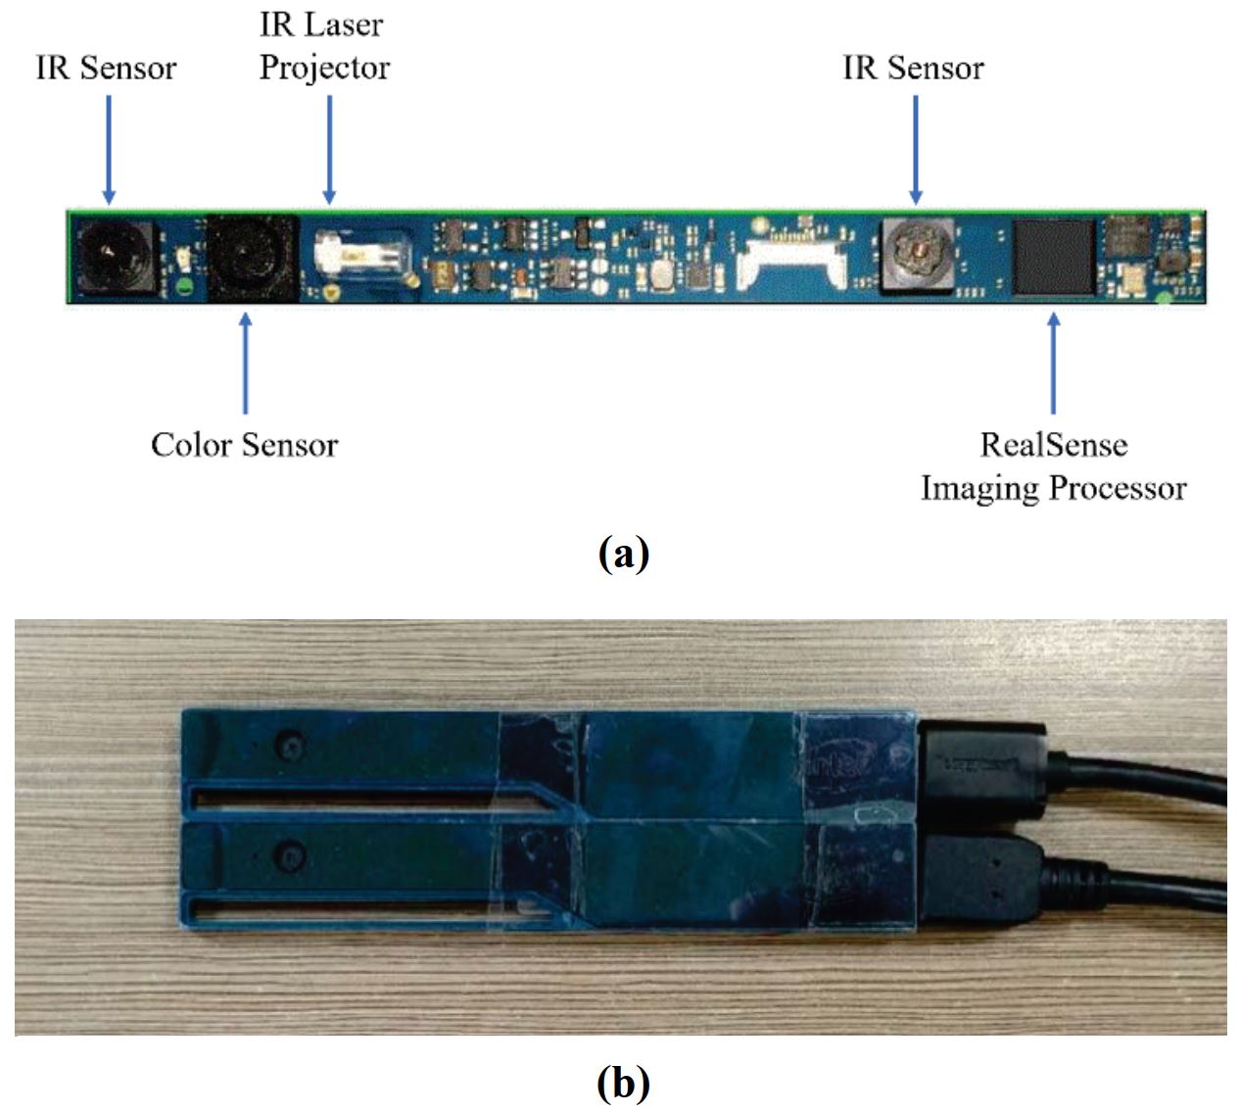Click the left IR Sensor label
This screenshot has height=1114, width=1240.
(x=106, y=68)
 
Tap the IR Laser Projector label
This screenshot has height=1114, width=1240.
(x=324, y=46)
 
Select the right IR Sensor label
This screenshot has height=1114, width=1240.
(x=913, y=68)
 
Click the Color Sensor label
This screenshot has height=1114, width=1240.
(x=244, y=445)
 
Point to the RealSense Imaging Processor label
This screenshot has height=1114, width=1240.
(x=1053, y=466)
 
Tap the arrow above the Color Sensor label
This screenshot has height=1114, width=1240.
(x=245, y=362)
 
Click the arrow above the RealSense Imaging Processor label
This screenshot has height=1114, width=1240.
(x=1053, y=362)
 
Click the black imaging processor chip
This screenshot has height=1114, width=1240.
(x=1053, y=256)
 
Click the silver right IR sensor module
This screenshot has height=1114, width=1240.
(x=917, y=253)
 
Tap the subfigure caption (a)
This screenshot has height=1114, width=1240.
(x=623, y=554)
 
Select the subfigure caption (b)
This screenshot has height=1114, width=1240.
(x=623, y=1083)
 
